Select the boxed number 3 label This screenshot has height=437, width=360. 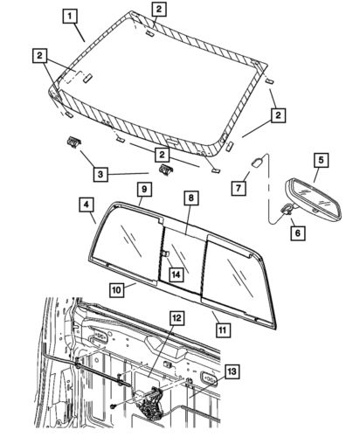[101, 175]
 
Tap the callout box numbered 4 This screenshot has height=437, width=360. [88, 205]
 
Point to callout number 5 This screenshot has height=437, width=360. [320, 160]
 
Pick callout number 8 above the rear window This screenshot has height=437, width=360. [190, 199]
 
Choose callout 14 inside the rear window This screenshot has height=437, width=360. [176, 274]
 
